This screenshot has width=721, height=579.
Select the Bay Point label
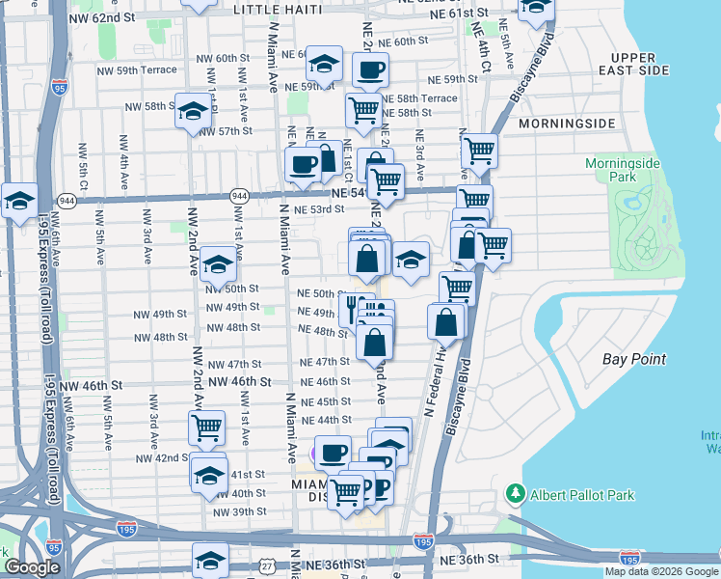click(634, 359)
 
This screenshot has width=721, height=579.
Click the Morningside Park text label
click(623, 171)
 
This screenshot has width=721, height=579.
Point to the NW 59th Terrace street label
click(138, 70)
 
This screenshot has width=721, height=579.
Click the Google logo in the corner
click(31, 568)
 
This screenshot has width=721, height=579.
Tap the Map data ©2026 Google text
click(661, 571)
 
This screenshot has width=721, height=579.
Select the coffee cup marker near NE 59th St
click(370, 69)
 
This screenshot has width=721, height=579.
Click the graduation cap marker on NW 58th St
click(192, 110)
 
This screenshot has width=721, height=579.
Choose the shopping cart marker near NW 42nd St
click(207, 427)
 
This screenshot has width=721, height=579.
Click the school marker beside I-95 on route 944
click(19, 201)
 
